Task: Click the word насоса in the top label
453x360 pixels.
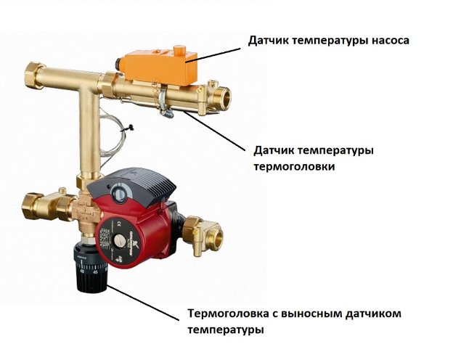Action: pyautogui.click(x=390, y=41)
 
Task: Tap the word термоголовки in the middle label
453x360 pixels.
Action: pyautogui.click(x=295, y=167)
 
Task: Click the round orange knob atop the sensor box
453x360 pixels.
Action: pyautogui.click(x=180, y=50)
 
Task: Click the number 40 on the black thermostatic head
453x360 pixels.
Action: pyautogui.click(x=82, y=271)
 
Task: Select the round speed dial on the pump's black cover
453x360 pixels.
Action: pyautogui.click(x=118, y=192)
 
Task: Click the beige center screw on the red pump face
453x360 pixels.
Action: pyautogui.click(x=118, y=240)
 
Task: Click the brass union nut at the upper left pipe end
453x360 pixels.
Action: pyautogui.click(x=33, y=75)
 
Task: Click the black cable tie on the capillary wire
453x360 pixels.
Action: pyautogui.click(x=128, y=128)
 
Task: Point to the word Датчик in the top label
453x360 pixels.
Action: pyautogui.click(x=268, y=41)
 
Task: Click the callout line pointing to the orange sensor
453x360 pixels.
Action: pyautogui.click(x=213, y=55)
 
